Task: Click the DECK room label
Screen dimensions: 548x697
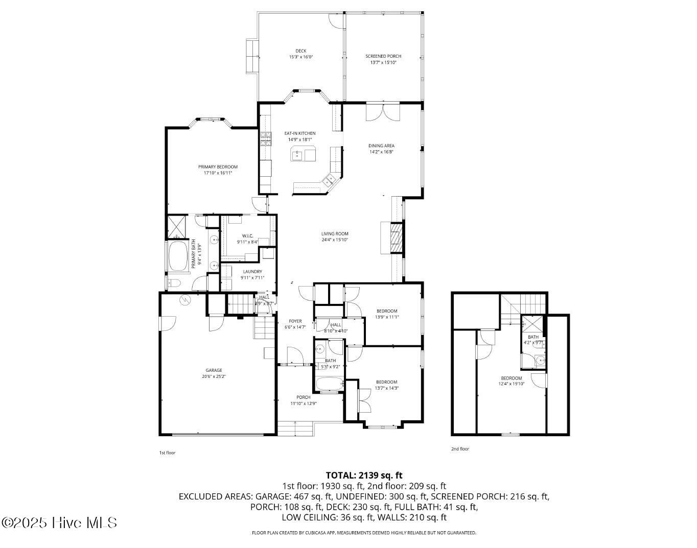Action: tap(300, 51)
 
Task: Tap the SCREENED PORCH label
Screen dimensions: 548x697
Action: tap(383, 56)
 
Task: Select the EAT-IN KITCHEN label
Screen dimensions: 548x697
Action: tap(300, 133)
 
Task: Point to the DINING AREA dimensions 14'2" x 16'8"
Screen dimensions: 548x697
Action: tap(382, 152)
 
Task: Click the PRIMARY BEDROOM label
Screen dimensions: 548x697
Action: tap(218, 167)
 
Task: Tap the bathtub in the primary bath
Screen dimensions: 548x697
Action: tap(178, 256)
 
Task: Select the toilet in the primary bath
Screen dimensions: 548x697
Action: tap(173, 283)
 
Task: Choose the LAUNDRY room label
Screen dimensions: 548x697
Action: tap(252, 272)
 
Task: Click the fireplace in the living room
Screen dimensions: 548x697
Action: tap(396, 238)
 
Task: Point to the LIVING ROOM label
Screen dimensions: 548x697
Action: tap(335, 234)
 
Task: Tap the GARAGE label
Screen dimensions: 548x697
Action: tap(214, 370)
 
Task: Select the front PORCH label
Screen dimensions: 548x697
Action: tap(304, 397)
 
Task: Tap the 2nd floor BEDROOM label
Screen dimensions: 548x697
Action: tap(511, 378)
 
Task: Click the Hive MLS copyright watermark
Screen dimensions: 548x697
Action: tap(59, 523)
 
